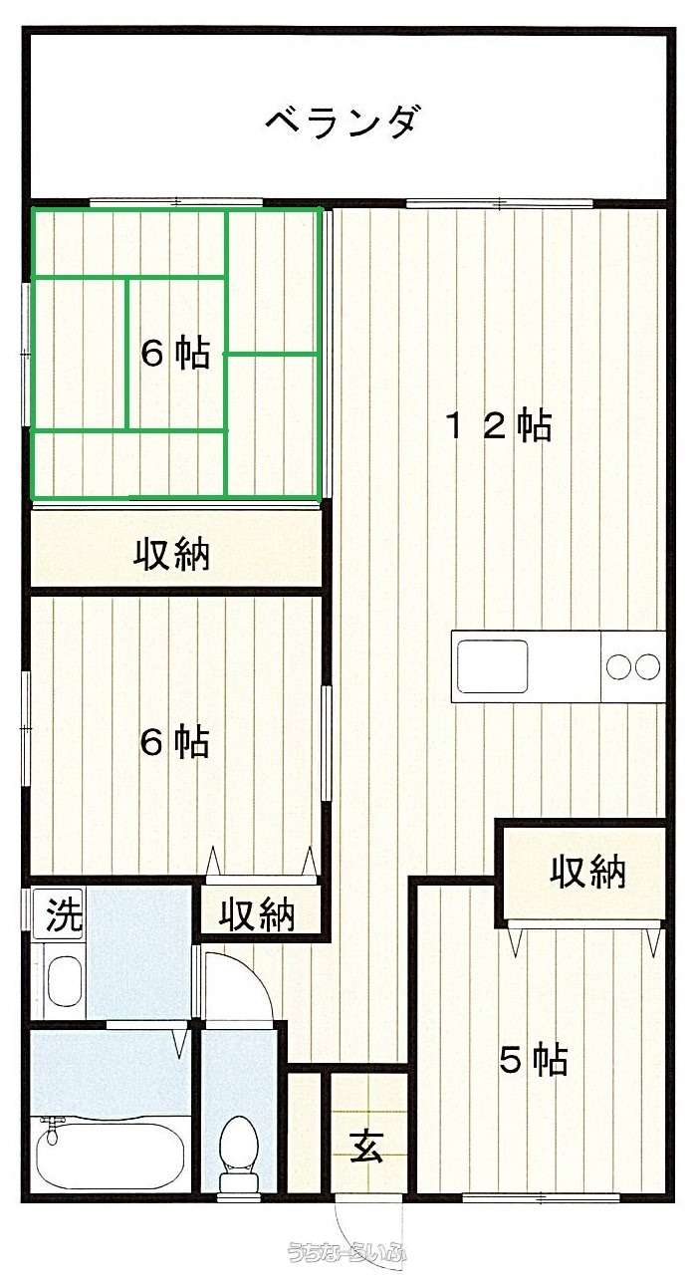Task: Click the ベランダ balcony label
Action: click(342, 122)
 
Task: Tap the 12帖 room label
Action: click(499, 425)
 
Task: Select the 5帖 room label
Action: click(534, 1060)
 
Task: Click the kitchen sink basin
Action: click(492, 666)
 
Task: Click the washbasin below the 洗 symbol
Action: click(64, 981)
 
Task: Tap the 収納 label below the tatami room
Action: click(172, 553)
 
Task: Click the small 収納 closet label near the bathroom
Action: click(257, 914)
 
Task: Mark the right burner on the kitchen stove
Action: click(647, 666)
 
